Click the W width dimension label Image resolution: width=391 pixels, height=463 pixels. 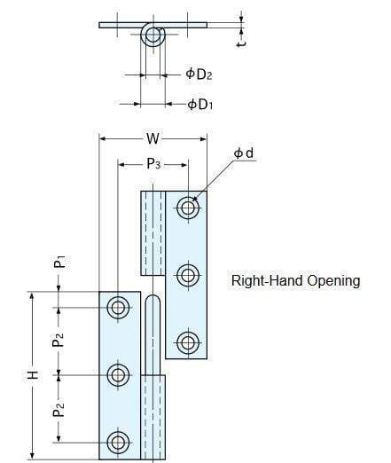153,138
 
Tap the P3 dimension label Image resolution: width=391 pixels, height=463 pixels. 153,164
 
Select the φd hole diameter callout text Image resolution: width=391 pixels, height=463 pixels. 244,154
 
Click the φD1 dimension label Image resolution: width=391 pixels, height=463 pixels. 200,105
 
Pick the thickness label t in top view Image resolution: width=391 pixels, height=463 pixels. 242,38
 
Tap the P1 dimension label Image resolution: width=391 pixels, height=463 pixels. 58,263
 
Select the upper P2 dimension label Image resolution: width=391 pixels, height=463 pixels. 58,340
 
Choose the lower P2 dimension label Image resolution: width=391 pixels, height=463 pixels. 58,408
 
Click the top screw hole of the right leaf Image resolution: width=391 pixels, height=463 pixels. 186,208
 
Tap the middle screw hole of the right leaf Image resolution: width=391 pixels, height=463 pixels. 186,275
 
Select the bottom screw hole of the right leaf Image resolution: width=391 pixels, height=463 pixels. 186,342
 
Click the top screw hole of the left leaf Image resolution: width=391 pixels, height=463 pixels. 118,308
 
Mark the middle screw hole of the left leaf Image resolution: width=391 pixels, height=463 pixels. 118,374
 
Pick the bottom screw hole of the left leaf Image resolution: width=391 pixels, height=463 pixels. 118,442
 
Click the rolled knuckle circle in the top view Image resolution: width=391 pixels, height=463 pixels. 153,35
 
